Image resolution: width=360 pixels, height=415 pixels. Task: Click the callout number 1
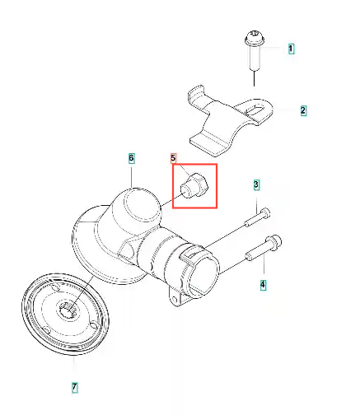pos(291,49)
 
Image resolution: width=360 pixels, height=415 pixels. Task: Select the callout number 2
pos(303,110)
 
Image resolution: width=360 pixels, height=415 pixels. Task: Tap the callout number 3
pos(256,184)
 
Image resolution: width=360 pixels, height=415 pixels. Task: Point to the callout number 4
pos(263,284)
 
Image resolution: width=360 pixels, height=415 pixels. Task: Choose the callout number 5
pos(173,158)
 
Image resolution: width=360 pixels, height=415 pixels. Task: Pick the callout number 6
pos(131,158)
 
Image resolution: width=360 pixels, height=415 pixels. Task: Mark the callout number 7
pos(74,388)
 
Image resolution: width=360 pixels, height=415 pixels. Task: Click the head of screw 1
pos(255,39)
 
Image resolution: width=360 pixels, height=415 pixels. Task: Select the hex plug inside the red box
pos(194,185)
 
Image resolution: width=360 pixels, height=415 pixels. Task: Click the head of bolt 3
pos(265,212)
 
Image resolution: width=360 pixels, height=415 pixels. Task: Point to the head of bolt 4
pos(274,242)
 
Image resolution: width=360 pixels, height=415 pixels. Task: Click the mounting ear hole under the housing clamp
pos(174,298)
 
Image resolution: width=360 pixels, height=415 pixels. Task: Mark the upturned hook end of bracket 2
pos(196,95)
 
